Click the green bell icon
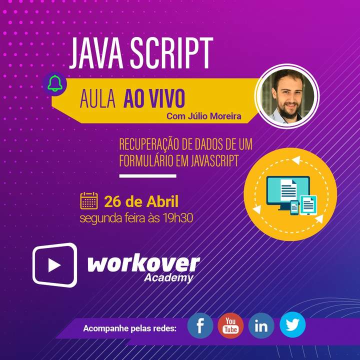(55, 83)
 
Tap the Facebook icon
(200, 326)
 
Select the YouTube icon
(230, 325)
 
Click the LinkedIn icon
(261, 326)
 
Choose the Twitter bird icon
(292, 325)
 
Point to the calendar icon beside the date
(89, 200)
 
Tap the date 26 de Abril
(141, 201)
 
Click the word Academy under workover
(168, 278)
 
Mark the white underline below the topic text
(147, 176)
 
